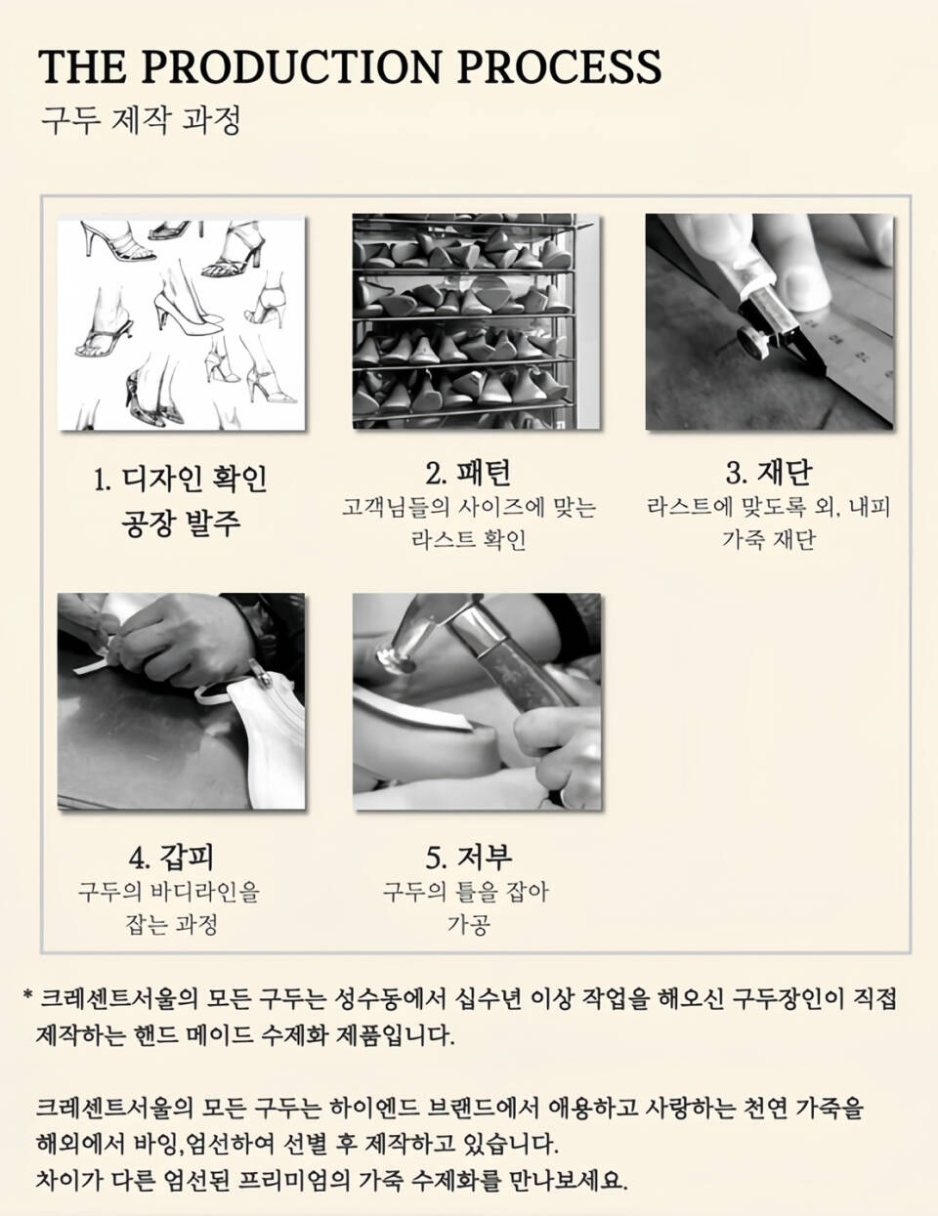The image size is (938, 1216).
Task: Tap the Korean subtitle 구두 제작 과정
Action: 141,120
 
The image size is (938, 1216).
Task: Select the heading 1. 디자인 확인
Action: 181,479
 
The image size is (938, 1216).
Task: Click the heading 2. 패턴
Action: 468,473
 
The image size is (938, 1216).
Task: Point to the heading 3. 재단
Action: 768,473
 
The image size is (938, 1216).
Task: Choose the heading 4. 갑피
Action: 171,858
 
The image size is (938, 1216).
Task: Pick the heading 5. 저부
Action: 469,858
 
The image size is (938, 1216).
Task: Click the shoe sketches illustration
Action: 182,323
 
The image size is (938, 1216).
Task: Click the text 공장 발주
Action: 181,523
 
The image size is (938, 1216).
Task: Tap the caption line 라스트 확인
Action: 468,540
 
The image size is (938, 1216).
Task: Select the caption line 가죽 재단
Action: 768,540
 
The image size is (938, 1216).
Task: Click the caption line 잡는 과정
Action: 171,924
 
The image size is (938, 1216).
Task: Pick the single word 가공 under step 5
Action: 468,924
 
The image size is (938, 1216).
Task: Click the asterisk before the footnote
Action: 26,993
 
